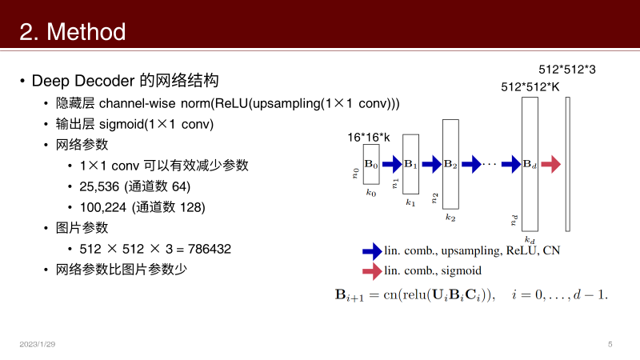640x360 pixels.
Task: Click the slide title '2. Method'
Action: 73,32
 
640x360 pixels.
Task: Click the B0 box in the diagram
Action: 371,164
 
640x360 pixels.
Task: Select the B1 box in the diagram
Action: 410,164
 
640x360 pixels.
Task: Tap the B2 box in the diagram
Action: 450,164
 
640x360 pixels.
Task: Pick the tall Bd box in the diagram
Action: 530,164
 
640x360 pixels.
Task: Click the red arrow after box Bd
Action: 551,164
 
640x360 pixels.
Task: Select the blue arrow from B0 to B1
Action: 391,164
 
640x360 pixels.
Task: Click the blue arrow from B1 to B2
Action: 431,164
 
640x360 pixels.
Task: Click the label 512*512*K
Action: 529,86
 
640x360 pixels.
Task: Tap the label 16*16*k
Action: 369,137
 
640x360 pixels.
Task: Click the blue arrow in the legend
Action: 372,250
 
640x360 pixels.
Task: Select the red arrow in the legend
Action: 372,271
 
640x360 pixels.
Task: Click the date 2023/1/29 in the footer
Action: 38,344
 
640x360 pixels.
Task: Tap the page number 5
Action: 610,344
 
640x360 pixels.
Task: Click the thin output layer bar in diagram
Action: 567,164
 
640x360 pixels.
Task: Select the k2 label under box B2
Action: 450,217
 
